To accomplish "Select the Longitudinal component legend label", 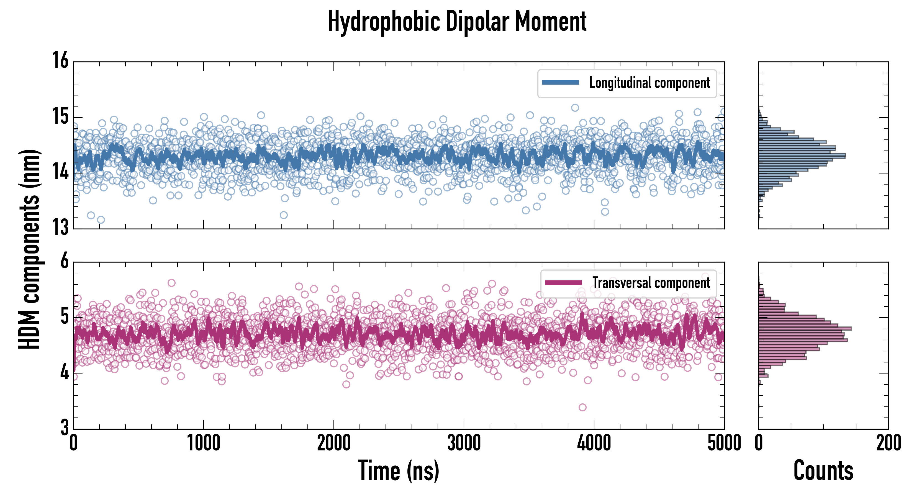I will [x=649, y=83].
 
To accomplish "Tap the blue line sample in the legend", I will [x=560, y=83].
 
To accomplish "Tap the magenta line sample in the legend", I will [x=563, y=282].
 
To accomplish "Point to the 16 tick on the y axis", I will [x=60, y=60].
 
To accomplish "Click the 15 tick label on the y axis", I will [x=60, y=116].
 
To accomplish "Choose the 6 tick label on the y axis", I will [x=64, y=261].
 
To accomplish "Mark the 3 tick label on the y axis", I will [x=64, y=427].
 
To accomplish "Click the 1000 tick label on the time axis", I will [x=203, y=443].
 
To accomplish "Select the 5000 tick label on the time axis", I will [x=724, y=443].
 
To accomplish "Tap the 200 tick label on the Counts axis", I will [x=889, y=443].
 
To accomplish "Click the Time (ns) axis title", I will [x=399, y=471].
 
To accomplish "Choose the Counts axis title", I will [x=823, y=471].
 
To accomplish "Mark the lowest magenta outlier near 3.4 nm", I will [x=582, y=407].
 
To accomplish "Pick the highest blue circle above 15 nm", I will [x=575, y=108].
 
